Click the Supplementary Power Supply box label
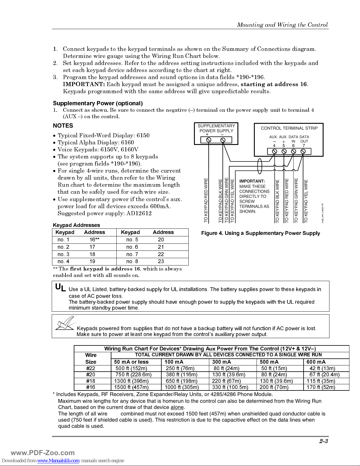click(216, 128)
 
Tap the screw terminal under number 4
click(274, 151)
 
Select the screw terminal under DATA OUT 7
click(303, 151)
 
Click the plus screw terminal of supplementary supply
click(209, 140)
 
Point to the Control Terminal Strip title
click(289, 128)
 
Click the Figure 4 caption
click(260, 233)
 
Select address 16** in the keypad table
click(94, 240)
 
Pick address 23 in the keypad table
click(161, 261)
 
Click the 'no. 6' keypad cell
click(132, 247)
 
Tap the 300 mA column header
click(222, 362)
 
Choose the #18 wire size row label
click(91, 381)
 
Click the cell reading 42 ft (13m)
click(322, 368)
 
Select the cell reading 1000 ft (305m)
click(182, 387)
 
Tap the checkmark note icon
click(65, 323)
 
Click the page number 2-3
click(324, 441)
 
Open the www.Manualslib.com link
click(58, 460)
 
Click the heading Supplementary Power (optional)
click(98, 103)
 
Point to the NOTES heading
click(63, 126)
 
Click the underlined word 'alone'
click(177, 407)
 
